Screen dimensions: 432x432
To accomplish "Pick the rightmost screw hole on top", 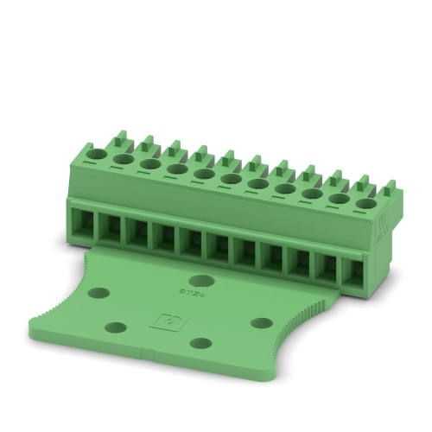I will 365,204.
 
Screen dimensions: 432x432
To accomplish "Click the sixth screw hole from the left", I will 231,180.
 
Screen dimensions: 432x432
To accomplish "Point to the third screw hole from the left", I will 150,165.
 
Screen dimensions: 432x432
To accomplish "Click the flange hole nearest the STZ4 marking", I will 202,280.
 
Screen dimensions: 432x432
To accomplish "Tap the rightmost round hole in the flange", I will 261,323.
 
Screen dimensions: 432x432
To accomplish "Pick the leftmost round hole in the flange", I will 99,293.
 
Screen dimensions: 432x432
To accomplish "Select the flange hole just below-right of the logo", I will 200,343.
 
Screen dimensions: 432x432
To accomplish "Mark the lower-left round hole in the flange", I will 117,327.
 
